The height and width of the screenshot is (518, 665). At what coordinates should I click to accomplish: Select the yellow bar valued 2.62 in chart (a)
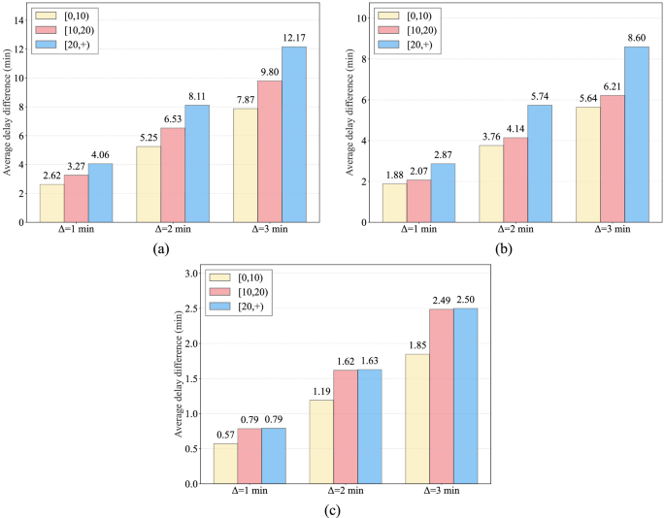click(51, 203)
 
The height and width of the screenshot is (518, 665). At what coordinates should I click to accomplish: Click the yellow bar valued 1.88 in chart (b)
click(394, 203)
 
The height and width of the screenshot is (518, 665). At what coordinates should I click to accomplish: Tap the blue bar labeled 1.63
click(369, 426)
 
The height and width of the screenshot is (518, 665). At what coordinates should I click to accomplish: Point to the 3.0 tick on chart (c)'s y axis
click(191, 274)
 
